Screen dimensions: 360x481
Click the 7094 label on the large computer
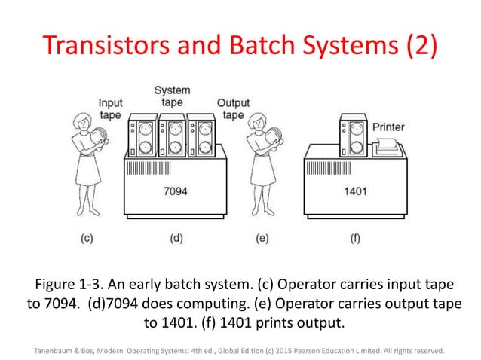pos(176,191)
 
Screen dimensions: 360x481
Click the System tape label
pos(172,96)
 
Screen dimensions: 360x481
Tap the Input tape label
pos(111,109)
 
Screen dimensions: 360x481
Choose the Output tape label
pos(233,109)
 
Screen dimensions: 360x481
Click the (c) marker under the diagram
pos(87,238)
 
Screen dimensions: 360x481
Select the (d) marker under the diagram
pos(176,238)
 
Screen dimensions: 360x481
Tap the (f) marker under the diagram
pos(354,238)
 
